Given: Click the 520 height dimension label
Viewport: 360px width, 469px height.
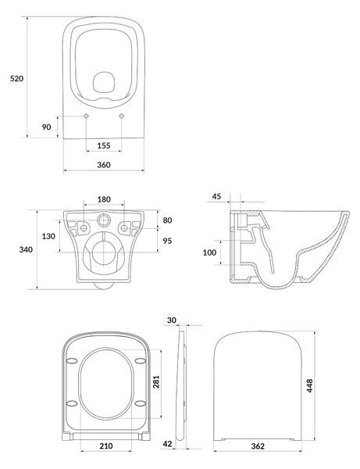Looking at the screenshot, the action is coord(16,79).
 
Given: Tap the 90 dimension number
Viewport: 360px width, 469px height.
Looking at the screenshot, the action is coord(46,127).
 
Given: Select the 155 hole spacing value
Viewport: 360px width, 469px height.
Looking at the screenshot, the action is coord(104,145).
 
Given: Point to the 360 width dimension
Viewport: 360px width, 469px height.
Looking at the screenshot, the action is coord(104,165).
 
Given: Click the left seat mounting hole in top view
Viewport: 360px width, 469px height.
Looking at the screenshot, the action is coord(86,116).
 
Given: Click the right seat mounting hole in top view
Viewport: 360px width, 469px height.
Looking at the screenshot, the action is coord(121,116).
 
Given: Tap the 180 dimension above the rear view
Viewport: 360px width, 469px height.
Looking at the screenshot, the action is coord(104,199).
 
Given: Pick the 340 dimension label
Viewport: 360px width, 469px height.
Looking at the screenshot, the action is coord(26,249).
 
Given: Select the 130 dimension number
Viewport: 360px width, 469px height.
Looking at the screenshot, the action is coord(48,236).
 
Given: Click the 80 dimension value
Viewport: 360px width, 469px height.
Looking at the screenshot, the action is coord(167,220).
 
